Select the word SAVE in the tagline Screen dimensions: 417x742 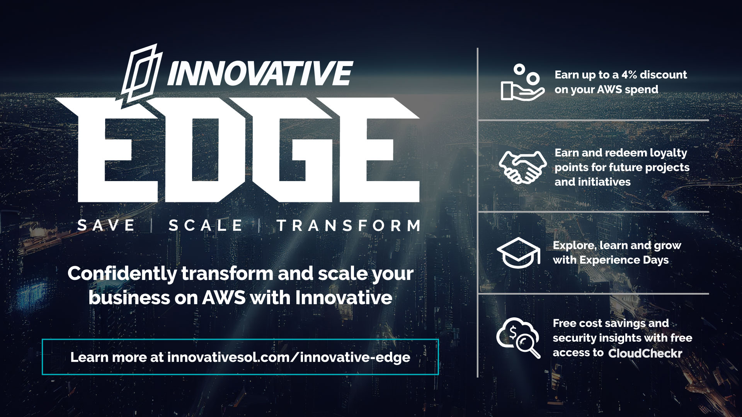pos(106,225)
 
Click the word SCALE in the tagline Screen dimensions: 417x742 pos(205,225)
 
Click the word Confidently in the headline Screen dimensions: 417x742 pos(122,274)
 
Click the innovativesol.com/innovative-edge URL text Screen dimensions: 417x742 pos(288,357)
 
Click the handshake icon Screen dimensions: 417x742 pos(522,167)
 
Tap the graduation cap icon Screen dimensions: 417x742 pos(518,253)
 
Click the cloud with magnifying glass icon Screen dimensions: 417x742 pos(518,338)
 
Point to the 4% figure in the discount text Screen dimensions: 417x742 pos(629,75)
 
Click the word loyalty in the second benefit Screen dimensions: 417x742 pos(668,153)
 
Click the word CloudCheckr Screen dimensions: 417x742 pos(645,353)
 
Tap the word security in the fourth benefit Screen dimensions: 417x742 pos(574,338)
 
